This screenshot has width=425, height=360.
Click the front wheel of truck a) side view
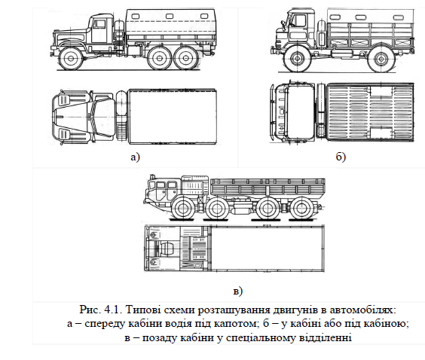click(71, 59)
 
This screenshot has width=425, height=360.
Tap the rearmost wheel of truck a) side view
click(185, 58)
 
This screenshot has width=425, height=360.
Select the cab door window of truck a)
click(99, 24)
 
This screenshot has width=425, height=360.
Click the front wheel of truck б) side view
click(298, 59)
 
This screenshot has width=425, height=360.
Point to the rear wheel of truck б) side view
click(381, 59)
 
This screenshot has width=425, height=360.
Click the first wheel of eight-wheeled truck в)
click(182, 209)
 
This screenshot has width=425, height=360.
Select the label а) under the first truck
click(135, 157)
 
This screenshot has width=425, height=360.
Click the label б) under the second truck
click(341, 157)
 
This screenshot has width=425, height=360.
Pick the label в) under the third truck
click(237, 291)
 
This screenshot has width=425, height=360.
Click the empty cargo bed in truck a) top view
click(173, 116)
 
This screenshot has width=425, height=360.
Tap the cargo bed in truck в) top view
click(268, 249)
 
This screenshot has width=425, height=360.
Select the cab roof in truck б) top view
click(301, 111)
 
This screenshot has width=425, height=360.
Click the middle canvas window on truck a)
click(170, 17)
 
